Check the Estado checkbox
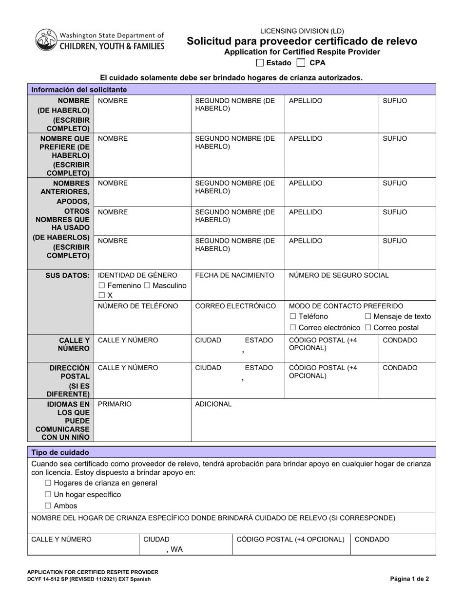(x=260, y=63)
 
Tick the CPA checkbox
(x=301, y=63)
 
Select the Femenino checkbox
(x=101, y=286)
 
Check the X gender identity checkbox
(x=101, y=296)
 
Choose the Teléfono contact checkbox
(x=293, y=317)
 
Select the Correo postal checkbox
(x=367, y=328)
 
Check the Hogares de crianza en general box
(x=48, y=483)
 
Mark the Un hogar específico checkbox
(x=48, y=495)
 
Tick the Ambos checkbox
(x=48, y=506)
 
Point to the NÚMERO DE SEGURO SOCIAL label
(x=339, y=276)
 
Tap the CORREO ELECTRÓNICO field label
(x=235, y=306)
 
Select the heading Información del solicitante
(x=79, y=90)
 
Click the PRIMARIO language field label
(x=115, y=404)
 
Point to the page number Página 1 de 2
(x=409, y=580)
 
